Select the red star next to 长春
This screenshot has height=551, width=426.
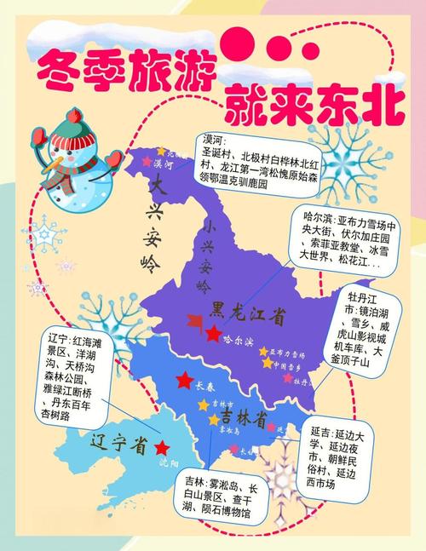pyautogui.click(x=183, y=379)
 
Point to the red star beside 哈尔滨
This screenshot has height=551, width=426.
pyautogui.click(x=211, y=333)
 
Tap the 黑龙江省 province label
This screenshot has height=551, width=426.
pyautogui.click(x=249, y=314)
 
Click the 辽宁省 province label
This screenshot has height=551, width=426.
pyautogui.click(x=120, y=443)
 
